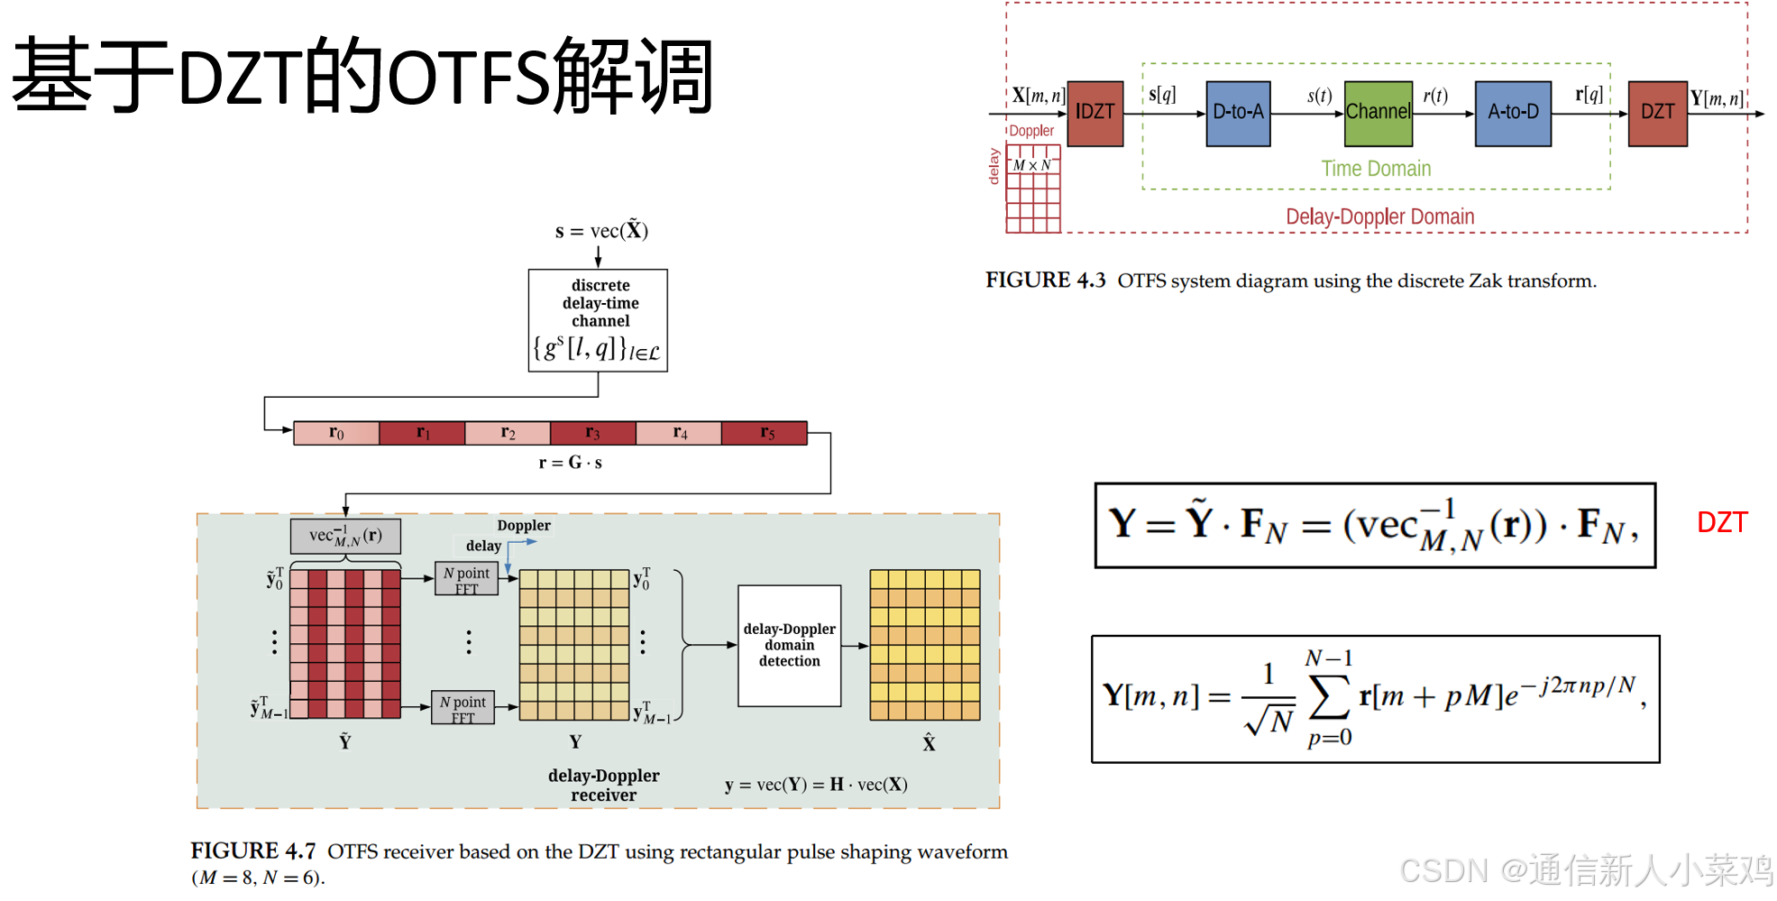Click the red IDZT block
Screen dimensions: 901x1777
(1095, 113)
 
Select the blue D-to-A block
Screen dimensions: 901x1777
(1238, 113)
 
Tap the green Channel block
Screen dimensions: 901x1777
(1378, 113)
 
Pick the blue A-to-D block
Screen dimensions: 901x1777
(1513, 113)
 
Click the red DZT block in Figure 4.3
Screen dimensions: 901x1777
(1657, 113)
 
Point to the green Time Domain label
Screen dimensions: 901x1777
(1376, 169)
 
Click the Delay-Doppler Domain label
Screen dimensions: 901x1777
(1379, 216)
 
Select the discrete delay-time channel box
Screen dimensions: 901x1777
(598, 320)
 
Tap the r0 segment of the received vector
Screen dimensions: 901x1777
(336, 433)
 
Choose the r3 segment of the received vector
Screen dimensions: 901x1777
(592, 433)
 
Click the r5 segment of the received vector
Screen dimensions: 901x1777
(765, 433)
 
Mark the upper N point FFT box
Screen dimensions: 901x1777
(466, 579)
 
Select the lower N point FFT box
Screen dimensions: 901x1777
(463, 708)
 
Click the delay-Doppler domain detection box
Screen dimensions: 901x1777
(789, 645)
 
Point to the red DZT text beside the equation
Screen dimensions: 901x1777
(1722, 522)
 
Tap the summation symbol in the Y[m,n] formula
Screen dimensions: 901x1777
(1329, 697)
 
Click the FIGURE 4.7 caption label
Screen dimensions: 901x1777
(253, 850)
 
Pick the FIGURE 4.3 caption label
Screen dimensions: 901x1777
(1045, 280)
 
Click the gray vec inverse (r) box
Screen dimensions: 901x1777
(345, 536)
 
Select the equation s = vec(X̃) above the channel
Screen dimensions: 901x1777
(601, 231)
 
